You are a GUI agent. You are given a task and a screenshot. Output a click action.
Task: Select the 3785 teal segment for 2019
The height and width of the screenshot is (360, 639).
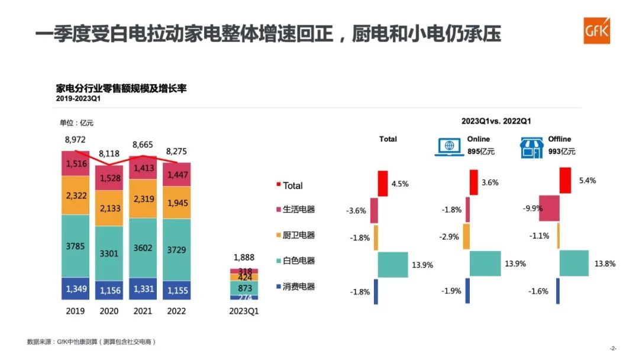[76, 246]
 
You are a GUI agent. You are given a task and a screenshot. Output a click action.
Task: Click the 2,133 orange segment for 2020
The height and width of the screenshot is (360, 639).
[109, 208]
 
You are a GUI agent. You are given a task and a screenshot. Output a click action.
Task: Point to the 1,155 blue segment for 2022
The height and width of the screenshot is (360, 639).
[177, 291]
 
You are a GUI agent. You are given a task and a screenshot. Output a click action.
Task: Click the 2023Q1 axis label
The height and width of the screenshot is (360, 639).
[244, 311]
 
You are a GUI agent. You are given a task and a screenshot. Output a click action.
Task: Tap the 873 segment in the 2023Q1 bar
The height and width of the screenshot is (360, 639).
[244, 288]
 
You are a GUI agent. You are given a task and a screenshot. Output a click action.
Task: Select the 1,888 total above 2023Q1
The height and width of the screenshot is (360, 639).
[244, 258]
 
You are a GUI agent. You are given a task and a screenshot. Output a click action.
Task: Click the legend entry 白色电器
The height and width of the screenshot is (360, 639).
[299, 261]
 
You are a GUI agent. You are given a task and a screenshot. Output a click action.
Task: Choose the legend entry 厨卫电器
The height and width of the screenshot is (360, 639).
[299, 235]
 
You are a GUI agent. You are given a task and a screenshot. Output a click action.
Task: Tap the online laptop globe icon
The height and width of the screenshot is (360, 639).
[449, 147]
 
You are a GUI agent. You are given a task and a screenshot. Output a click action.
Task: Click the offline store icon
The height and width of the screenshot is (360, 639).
[531, 148]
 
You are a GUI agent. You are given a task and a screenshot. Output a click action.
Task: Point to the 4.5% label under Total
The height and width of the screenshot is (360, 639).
[400, 184]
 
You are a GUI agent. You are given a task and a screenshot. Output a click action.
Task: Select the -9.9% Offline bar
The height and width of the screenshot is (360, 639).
[549, 208]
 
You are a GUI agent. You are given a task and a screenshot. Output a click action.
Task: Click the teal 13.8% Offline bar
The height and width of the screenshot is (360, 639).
[574, 263]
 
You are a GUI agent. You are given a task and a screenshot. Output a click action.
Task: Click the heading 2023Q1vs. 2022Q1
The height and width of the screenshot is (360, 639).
[496, 121]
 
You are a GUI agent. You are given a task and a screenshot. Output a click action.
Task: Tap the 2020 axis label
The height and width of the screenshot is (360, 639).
[109, 311]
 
